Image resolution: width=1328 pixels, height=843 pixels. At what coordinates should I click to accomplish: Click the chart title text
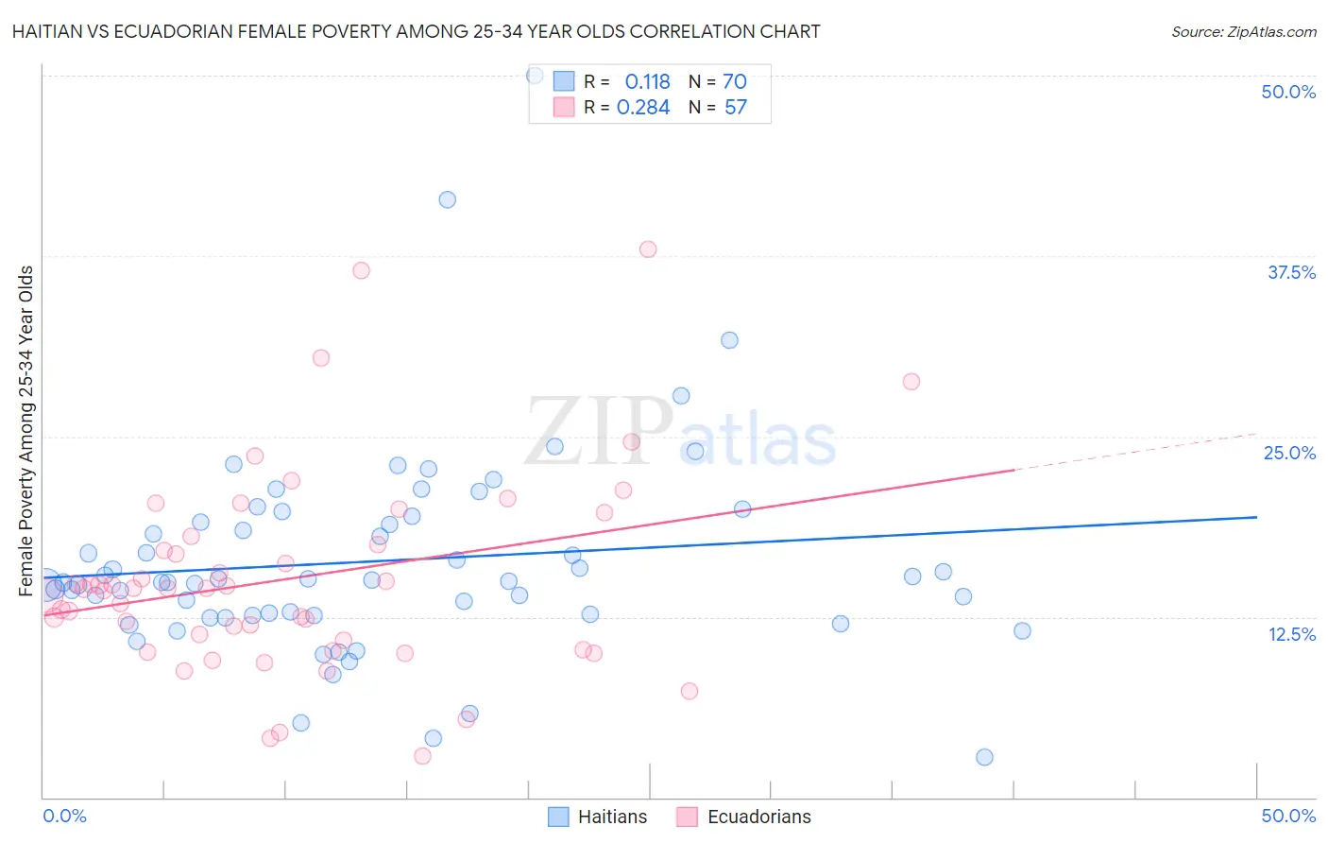pos(416,31)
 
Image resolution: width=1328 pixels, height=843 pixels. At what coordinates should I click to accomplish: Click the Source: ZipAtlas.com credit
pos(1243,31)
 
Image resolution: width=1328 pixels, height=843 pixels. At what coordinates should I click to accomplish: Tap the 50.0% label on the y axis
pos(1288,92)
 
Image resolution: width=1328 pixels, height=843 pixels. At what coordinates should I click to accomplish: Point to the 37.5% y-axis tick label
pos(1291,272)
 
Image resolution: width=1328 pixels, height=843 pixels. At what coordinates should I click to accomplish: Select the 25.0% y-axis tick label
pos(1289,453)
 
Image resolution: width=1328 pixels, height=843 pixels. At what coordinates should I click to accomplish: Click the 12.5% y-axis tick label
pos(1291,634)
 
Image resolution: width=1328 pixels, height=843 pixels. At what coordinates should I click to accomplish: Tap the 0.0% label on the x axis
pos(64,816)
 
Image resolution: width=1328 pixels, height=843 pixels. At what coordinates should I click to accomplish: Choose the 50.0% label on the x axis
pos(1288,816)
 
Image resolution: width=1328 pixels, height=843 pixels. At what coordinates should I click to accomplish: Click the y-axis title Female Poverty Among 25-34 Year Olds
pos(26,431)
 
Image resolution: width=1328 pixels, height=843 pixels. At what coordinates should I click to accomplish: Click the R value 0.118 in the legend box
pos(647,82)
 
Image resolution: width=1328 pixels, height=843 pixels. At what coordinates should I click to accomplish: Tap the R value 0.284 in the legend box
pos(643,108)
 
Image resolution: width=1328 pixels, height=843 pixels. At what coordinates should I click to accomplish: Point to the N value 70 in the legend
pos(735,82)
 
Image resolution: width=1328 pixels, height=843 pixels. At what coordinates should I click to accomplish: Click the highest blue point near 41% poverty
pos(448,199)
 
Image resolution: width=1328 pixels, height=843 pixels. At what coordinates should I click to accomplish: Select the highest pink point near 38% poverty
pos(648,249)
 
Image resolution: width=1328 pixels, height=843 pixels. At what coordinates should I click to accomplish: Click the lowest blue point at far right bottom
pos(984,757)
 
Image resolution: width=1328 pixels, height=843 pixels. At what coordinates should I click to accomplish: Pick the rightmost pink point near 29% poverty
pos(911,382)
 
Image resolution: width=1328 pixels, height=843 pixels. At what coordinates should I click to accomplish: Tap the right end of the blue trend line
pos(1255,517)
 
